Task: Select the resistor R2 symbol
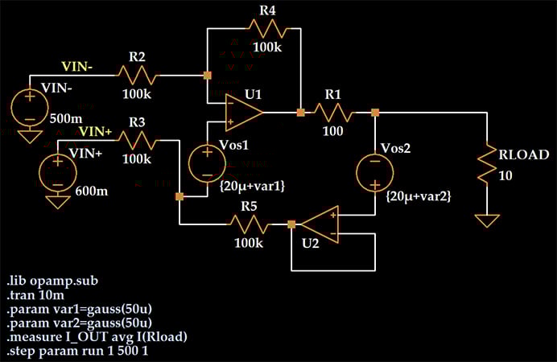point(138,76)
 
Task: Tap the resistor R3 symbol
point(138,138)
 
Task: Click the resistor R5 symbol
point(250,224)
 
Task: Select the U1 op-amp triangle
point(244,112)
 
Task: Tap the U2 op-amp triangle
point(320,224)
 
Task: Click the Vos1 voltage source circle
point(207,164)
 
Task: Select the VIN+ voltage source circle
point(58,171)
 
